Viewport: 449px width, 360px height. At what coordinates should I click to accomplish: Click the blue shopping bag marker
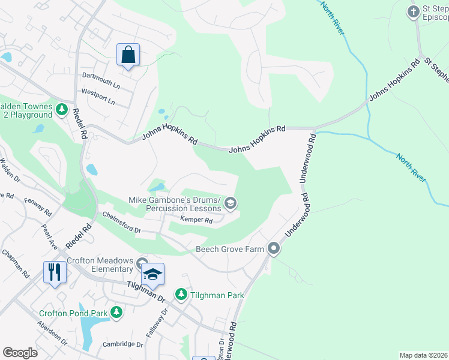click(x=128, y=55)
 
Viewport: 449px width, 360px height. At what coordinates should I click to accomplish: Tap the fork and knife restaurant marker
click(x=54, y=272)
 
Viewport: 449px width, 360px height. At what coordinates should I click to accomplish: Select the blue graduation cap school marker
click(x=152, y=275)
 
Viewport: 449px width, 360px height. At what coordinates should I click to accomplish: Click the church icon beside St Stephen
click(x=413, y=11)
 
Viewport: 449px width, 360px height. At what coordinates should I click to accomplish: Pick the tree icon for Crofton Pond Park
click(x=116, y=312)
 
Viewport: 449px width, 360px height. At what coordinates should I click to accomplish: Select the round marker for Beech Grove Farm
click(x=274, y=248)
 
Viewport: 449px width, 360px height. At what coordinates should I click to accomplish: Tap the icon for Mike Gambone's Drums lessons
click(x=230, y=205)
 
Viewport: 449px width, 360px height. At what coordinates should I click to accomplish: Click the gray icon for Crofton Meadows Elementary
click(x=142, y=263)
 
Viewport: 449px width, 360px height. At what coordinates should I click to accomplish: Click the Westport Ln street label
click(x=98, y=97)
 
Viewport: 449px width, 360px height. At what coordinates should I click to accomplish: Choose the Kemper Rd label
click(x=197, y=221)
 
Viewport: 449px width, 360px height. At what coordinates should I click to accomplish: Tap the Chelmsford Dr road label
click(x=121, y=221)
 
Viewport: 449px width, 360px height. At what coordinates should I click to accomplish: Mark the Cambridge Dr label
click(x=122, y=344)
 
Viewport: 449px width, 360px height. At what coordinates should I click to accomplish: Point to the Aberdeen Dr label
click(x=52, y=336)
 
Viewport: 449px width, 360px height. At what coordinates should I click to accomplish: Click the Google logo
click(x=20, y=352)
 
